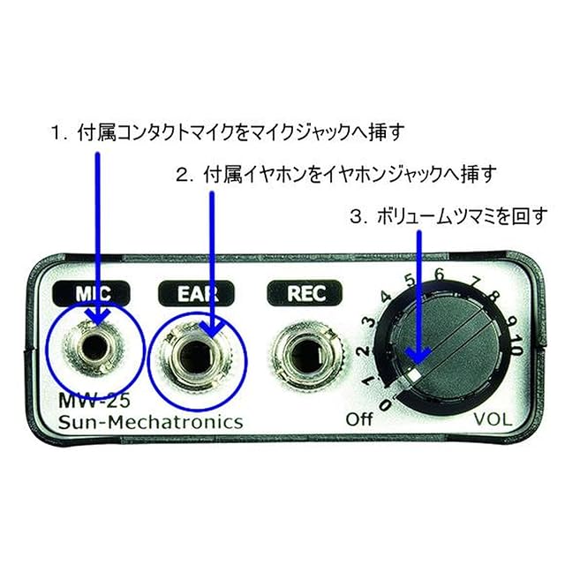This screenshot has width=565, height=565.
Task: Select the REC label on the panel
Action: (300, 293)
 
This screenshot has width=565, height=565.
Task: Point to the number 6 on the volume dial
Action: (439, 275)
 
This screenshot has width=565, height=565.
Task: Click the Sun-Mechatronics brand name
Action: (150, 422)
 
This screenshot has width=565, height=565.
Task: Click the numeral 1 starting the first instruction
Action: (54, 133)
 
